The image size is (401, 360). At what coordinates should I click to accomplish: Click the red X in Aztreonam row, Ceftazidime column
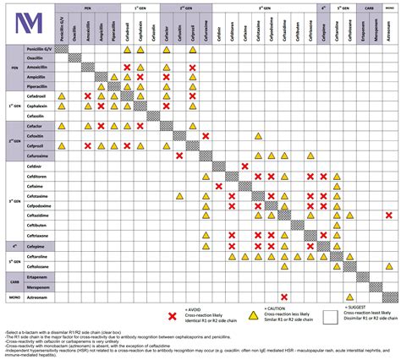(x=285, y=296)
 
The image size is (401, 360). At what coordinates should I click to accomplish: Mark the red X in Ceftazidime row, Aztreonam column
(x=388, y=215)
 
